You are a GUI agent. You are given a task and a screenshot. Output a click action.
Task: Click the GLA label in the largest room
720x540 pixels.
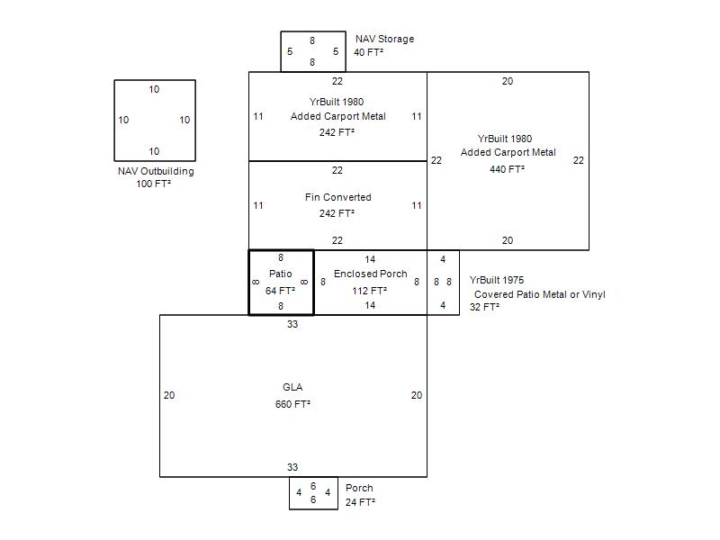292,387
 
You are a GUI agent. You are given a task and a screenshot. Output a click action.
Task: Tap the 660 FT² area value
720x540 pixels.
292,404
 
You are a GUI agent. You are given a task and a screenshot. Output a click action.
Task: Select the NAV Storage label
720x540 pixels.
385,39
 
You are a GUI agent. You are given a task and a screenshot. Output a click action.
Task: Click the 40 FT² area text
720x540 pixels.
368,52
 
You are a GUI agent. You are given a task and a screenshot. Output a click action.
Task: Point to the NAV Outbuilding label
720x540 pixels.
156,171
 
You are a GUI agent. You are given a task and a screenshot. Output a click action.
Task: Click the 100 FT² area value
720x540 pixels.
153,184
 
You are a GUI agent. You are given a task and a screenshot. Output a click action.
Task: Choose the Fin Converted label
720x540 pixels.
338,197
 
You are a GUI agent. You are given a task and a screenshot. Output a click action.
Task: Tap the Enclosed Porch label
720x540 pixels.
371,274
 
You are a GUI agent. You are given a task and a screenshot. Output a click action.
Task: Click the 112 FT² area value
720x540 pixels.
370,291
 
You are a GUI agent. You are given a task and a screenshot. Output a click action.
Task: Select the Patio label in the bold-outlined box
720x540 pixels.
281,274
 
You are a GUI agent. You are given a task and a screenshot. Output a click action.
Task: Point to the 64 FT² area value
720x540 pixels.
280,291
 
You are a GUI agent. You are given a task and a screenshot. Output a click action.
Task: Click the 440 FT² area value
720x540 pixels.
507,169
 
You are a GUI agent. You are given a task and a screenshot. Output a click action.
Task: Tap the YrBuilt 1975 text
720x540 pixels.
497,280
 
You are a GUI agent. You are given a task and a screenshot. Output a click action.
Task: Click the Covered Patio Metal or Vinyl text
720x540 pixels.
539,294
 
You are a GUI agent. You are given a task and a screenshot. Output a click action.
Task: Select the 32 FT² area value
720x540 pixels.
484,307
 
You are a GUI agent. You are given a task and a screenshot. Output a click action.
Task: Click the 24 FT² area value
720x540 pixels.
360,502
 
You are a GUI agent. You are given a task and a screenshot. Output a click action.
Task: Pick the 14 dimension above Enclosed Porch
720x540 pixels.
370,259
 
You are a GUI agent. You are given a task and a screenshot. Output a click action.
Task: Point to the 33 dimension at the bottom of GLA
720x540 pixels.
292,467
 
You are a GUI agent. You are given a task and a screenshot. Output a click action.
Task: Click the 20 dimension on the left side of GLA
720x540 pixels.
169,395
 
